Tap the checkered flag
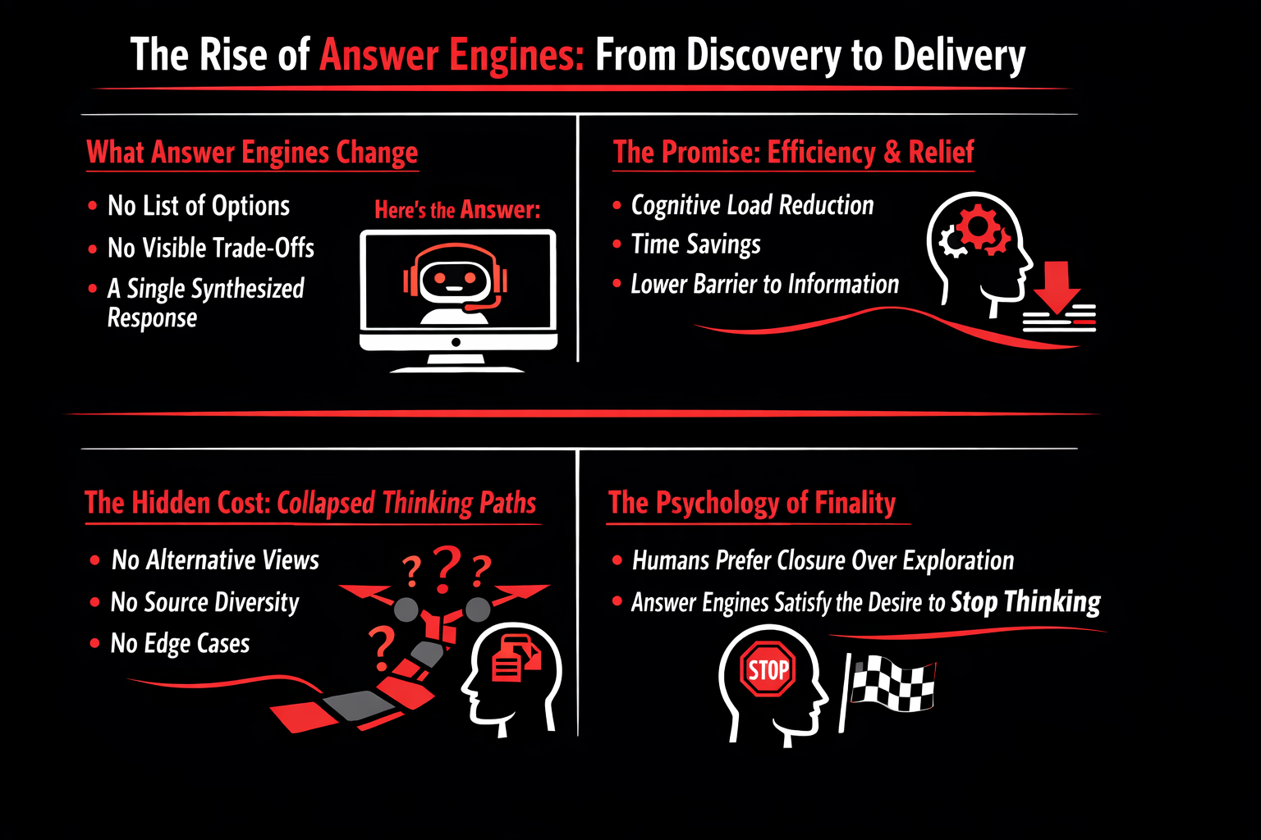[x=892, y=683]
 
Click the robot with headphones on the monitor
[x=455, y=284]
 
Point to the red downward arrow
[x=1058, y=285]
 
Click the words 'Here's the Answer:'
[x=457, y=210]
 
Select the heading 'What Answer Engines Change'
[x=252, y=153]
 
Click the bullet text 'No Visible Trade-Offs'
[x=211, y=248]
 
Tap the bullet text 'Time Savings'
[x=695, y=244]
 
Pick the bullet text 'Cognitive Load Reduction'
[x=752, y=205]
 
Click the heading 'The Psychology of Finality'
[x=752, y=502]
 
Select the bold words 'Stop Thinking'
[x=1025, y=602]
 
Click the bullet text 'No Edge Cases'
[x=180, y=644]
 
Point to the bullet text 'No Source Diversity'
[x=205, y=602]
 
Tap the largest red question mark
[x=446, y=568]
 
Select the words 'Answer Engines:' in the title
[x=452, y=56]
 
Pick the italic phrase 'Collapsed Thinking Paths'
[x=406, y=503]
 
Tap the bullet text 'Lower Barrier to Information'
[x=764, y=284]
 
